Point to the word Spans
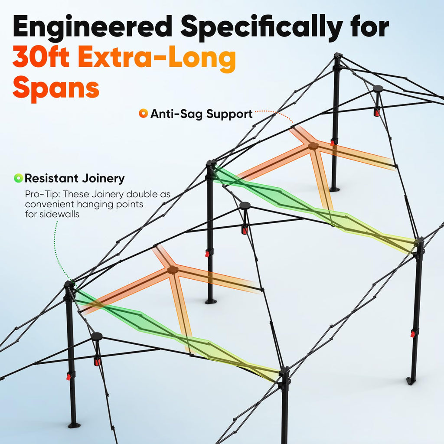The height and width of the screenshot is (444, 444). (x=56, y=87)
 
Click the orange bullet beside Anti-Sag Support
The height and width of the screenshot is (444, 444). (x=143, y=113)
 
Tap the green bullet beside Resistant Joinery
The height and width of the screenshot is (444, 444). (x=18, y=178)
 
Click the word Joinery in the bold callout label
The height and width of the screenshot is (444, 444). (x=103, y=178)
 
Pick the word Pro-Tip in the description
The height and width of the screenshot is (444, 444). (x=42, y=194)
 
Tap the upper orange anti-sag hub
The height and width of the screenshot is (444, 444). (x=313, y=146)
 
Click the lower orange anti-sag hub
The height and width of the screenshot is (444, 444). (x=172, y=270)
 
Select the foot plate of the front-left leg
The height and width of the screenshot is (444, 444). (x=74, y=425)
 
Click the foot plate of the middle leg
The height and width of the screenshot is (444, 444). (x=210, y=301)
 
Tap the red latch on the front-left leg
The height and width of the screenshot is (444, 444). (x=69, y=377)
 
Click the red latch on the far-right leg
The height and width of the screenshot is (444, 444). (x=413, y=334)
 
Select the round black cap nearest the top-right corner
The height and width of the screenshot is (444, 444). (x=378, y=88)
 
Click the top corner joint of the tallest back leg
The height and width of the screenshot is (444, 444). (x=337, y=55)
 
